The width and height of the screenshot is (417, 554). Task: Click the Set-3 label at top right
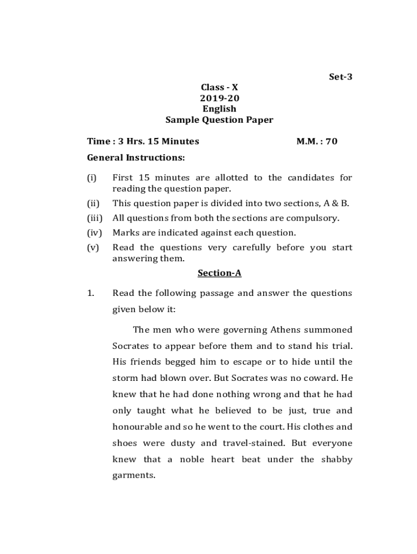[x=341, y=77]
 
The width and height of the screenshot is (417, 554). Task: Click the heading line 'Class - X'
[x=219, y=88]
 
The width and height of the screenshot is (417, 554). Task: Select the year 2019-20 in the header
[x=219, y=98]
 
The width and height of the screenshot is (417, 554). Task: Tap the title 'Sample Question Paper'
[x=219, y=120]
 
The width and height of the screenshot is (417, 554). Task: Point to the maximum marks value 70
[x=331, y=142]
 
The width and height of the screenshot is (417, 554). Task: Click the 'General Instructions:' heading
[x=136, y=158]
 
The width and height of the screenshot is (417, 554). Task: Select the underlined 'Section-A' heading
[x=219, y=273]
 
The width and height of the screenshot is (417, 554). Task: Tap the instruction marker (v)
[x=94, y=248]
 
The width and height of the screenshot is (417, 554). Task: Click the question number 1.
[x=91, y=293]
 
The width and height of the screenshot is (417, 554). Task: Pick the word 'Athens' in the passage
[x=270, y=330]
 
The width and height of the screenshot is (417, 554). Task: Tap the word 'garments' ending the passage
[x=133, y=476]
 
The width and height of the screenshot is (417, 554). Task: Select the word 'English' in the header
[x=219, y=109]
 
